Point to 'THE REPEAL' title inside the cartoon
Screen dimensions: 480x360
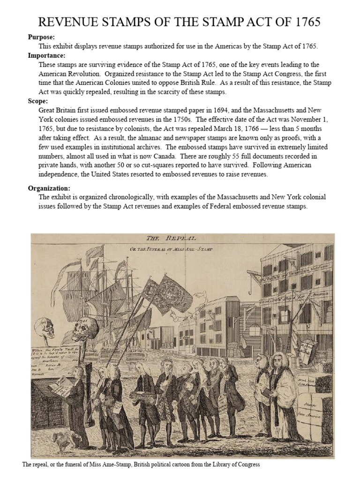click(171, 238)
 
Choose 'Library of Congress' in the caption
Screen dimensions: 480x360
click(233, 465)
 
